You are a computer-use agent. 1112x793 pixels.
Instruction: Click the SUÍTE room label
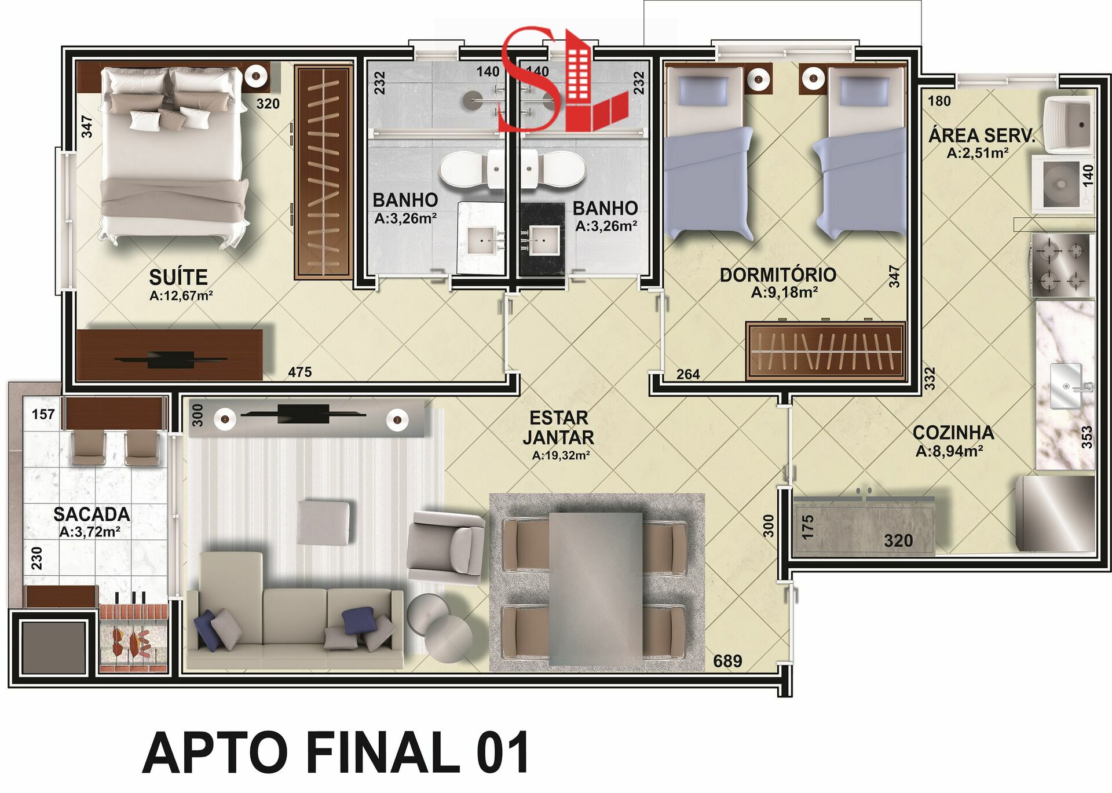178,277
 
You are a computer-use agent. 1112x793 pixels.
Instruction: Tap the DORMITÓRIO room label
778,275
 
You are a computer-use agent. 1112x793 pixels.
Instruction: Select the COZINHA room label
953,432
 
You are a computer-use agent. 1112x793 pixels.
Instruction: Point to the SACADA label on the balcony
92,514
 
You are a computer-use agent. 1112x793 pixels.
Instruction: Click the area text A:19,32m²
561,455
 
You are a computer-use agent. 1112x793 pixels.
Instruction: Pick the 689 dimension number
727,661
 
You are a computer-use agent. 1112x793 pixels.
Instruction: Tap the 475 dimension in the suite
300,372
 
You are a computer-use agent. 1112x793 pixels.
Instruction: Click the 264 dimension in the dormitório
688,374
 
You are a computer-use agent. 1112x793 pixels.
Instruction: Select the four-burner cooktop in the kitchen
1062,266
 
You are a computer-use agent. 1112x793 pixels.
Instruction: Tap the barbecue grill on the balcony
134,637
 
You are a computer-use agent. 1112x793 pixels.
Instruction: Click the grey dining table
596,588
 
